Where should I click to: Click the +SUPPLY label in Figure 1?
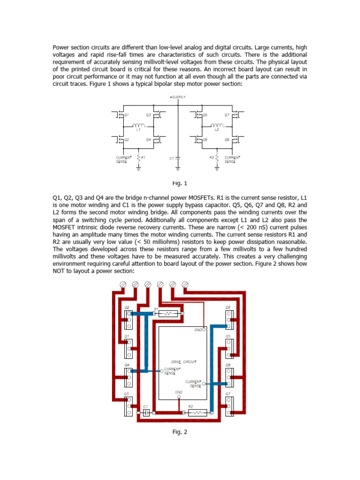178,97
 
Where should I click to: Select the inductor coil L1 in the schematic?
139,125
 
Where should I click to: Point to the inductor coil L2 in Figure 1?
217,125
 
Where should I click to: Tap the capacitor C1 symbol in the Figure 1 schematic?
178,158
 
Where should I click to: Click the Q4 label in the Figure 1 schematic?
148,140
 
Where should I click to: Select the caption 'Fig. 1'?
180,183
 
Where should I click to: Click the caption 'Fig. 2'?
180,432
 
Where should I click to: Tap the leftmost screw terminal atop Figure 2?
124,285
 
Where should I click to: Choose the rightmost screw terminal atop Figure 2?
185,285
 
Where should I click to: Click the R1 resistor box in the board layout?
168,314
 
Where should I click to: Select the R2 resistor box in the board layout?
197,413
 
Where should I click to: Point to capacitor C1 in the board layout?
146,413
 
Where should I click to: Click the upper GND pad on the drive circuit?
203,329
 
